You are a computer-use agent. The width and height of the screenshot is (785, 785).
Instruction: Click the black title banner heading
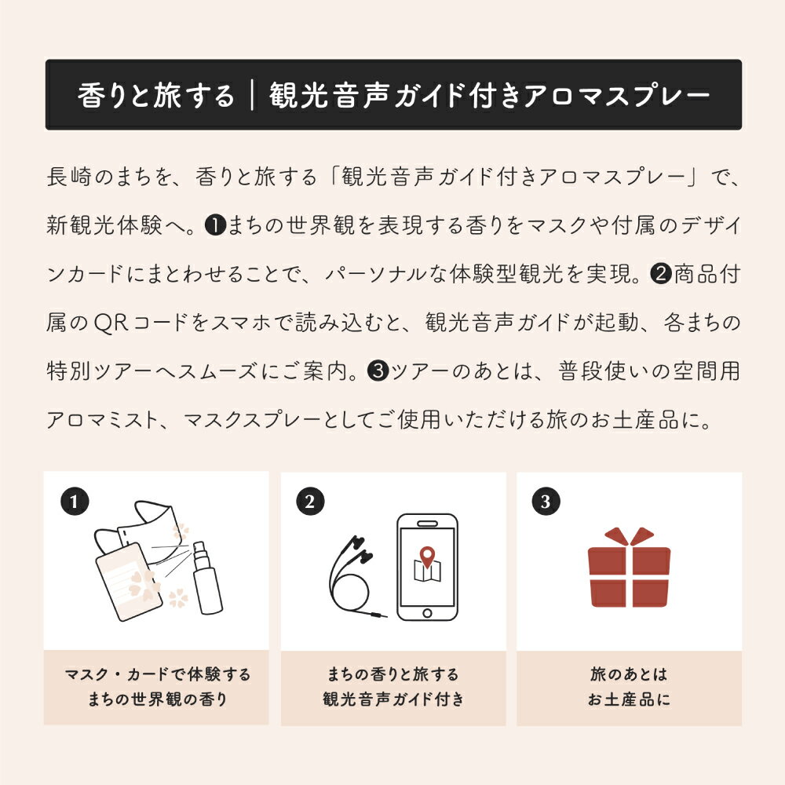(x=392, y=95)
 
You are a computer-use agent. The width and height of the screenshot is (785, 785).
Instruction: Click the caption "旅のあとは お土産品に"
(x=629, y=687)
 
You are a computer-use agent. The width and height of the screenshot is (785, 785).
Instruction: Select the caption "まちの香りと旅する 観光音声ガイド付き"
(x=392, y=687)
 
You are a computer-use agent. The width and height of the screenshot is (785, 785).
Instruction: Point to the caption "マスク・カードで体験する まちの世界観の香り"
(x=157, y=687)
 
